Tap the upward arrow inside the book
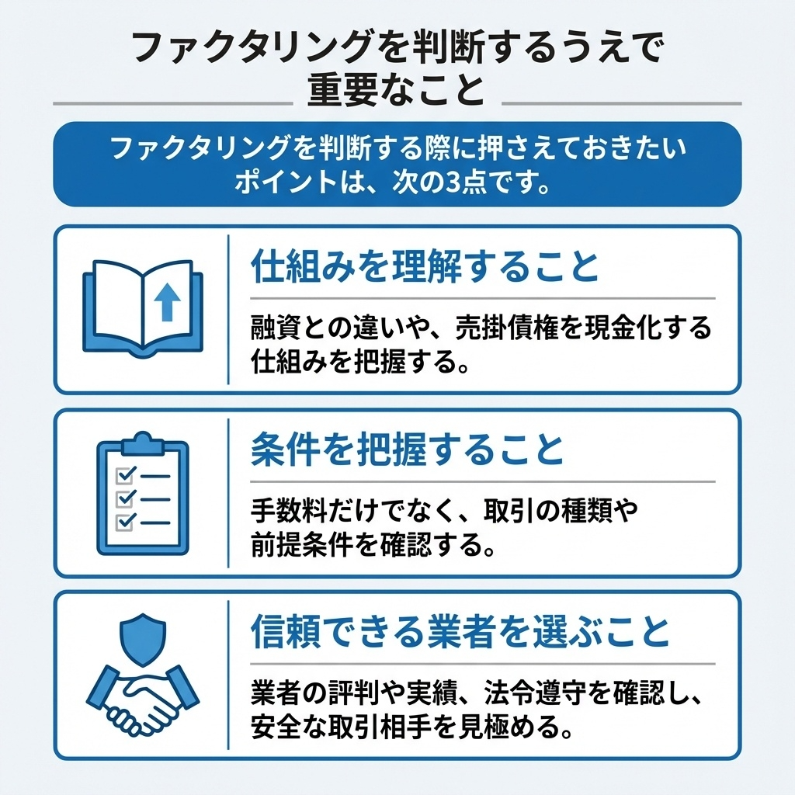point(166,301)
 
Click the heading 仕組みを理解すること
point(425,268)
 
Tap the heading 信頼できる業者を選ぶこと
point(460,633)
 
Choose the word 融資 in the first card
point(270,327)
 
